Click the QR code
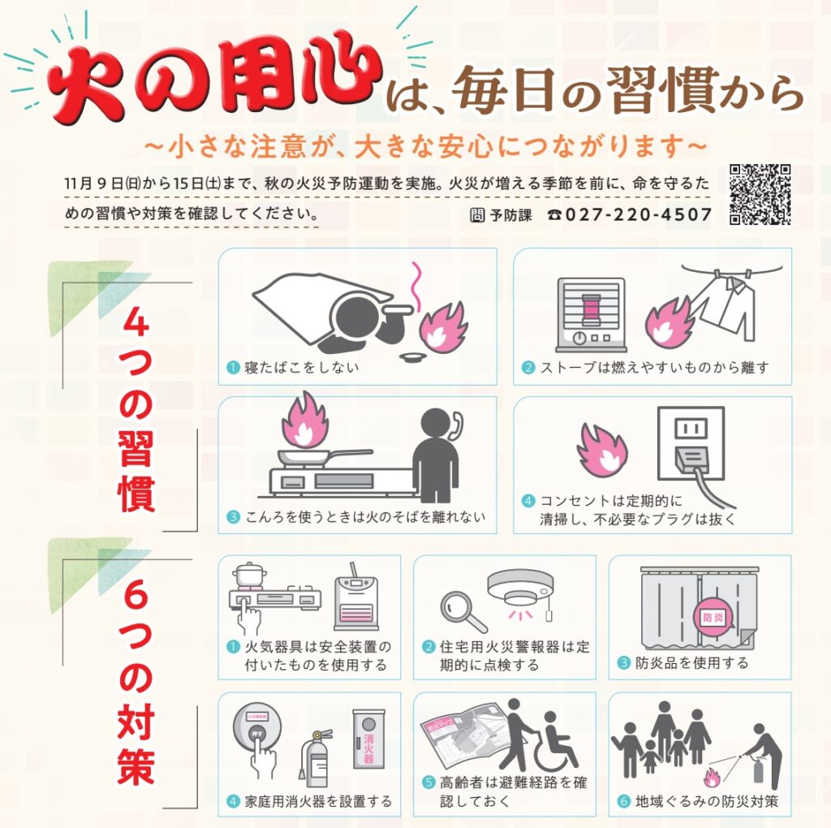(x=760, y=195)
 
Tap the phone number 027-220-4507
(x=639, y=214)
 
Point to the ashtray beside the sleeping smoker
(x=415, y=357)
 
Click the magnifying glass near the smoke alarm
(x=462, y=611)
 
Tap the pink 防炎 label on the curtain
(x=713, y=617)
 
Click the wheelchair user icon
(x=557, y=741)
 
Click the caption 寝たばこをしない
(x=302, y=368)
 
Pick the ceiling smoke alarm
(x=520, y=589)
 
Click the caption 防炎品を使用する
(x=691, y=662)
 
